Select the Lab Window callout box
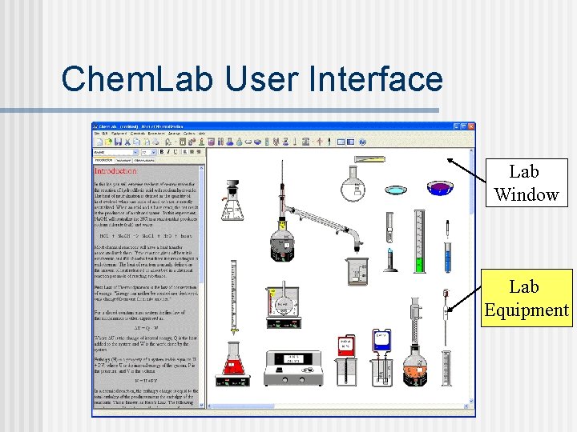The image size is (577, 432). (526, 183)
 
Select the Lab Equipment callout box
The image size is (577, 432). (526, 298)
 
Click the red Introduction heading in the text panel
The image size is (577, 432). (116, 171)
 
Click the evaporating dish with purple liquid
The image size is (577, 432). (438, 188)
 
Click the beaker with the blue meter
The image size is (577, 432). (381, 356)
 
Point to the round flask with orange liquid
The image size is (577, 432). (414, 368)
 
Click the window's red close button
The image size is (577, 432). (470, 126)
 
